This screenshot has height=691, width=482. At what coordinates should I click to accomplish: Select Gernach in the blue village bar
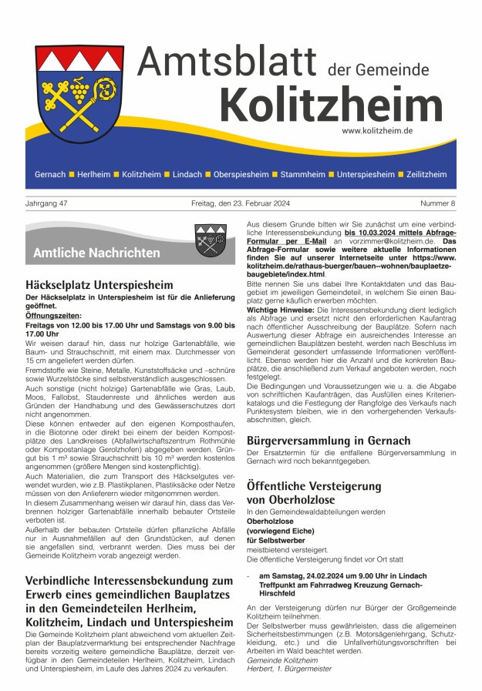point(50,175)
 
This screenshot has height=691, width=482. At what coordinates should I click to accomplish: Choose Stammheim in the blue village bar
point(302,175)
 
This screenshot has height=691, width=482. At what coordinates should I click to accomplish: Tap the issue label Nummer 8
point(437,203)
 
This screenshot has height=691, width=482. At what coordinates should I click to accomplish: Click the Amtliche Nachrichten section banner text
point(96,253)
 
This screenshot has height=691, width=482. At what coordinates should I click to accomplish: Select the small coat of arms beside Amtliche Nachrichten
point(210,240)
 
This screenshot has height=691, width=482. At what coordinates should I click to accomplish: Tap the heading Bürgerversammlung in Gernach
point(329,441)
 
